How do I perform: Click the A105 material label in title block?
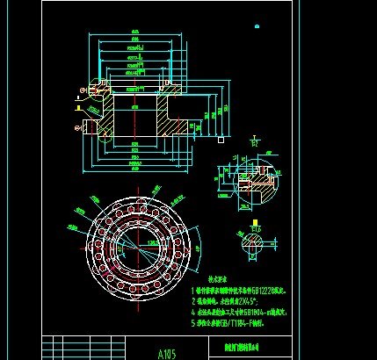167,355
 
